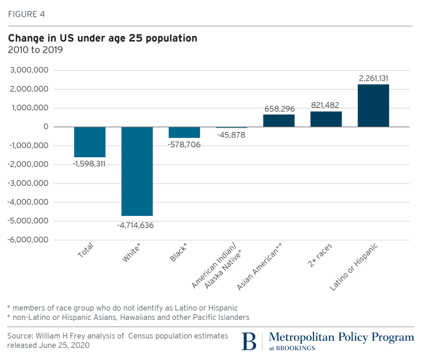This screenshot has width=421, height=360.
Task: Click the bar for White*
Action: click(x=137, y=171)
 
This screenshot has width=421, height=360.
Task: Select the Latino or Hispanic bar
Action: click(x=373, y=105)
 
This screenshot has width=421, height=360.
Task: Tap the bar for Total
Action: click(x=90, y=142)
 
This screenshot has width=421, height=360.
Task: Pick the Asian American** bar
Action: click(x=279, y=121)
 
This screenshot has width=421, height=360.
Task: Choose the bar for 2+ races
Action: click(x=326, y=119)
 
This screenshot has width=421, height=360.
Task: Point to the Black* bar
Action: click(x=184, y=132)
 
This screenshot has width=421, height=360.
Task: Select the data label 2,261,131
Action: click(x=373, y=78)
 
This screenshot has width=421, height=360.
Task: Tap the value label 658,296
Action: click(x=279, y=108)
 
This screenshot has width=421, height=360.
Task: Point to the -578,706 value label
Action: click(x=184, y=145)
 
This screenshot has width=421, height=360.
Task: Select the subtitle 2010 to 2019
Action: click(x=35, y=50)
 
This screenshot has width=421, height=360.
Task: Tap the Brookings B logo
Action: click(x=249, y=340)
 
